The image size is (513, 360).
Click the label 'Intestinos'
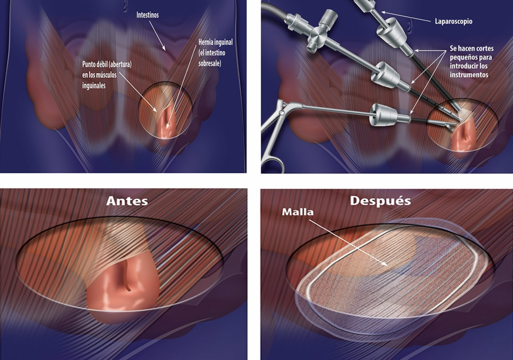pyautogui.click(x=148, y=16)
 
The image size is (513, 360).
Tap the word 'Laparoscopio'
pyautogui.click(x=453, y=22)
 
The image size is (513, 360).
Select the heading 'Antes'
pyautogui.click(x=127, y=201)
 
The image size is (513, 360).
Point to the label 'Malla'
pyautogui.click(x=298, y=212)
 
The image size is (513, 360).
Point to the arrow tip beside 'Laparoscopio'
pyautogui.click(x=382, y=12)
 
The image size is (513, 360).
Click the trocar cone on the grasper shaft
pyautogui.click(x=383, y=116)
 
